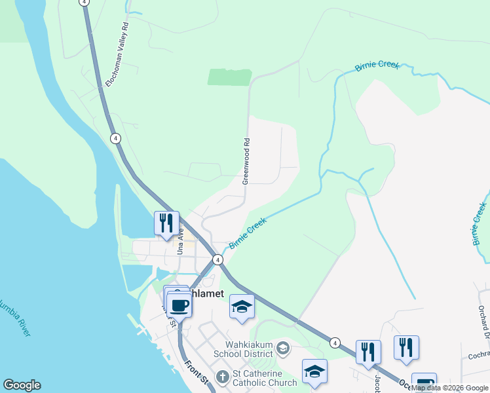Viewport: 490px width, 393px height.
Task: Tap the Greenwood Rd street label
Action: pos(246,160)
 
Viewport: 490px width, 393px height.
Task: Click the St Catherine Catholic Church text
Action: pos(264,378)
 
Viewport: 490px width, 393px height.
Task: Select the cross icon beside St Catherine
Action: pos(222,377)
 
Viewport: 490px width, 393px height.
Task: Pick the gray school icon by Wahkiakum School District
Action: pos(282,346)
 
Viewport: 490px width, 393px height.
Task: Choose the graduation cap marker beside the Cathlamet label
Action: pos(242,306)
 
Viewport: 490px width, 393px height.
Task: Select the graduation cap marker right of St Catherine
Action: pos(314,371)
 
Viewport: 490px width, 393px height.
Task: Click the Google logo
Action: pos(22,385)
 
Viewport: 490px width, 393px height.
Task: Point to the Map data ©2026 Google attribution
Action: pos(449,388)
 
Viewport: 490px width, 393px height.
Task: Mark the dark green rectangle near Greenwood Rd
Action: pos(229,77)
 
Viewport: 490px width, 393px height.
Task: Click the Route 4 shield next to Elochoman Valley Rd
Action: pos(115,138)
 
